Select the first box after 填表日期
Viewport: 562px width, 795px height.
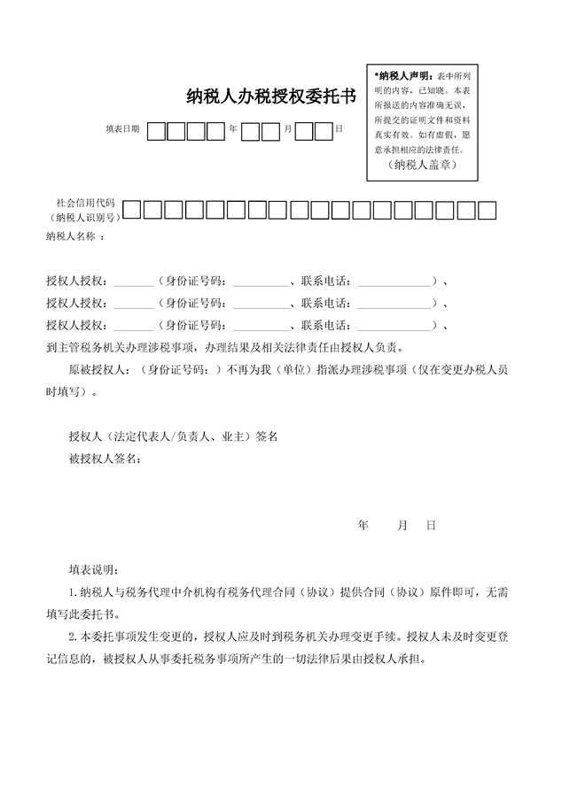click(157, 131)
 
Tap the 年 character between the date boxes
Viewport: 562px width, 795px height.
click(233, 129)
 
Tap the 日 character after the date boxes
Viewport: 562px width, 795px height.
click(339, 129)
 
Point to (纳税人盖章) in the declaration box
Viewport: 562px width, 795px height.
click(421, 164)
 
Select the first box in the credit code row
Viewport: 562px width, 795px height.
click(131, 210)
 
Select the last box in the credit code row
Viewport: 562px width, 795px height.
click(487, 210)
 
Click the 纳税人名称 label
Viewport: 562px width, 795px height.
click(70, 236)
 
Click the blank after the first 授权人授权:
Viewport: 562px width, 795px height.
click(133, 282)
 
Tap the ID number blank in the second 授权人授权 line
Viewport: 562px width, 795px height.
click(260, 303)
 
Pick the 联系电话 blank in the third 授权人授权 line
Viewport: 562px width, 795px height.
click(394, 324)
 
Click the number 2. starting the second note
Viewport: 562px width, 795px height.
click(74, 637)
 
